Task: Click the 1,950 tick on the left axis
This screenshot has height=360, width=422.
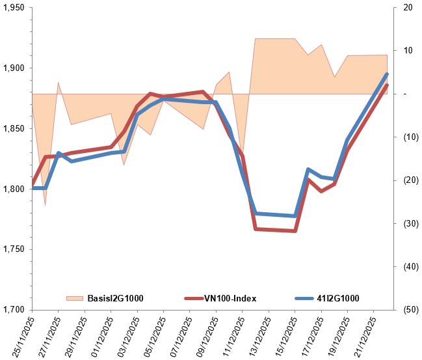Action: [x=14, y=8]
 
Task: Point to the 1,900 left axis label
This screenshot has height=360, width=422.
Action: [x=14, y=68]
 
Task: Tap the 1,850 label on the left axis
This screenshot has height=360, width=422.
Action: [x=14, y=129]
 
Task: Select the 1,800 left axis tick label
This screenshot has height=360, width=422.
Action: [x=14, y=189]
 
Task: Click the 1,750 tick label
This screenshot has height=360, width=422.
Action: [x=14, y=250]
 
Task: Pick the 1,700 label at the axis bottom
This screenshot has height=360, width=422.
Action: [x=14, y=310]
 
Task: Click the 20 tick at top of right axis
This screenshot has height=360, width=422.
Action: [x=408, y=8]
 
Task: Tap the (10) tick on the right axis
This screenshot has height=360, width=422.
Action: [x=409, y=137]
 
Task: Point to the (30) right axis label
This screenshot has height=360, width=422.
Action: [x=409, y=223]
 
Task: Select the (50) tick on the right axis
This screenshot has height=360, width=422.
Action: [x=409, y=310]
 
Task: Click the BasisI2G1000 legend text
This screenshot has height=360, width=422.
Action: [x=114, y=298]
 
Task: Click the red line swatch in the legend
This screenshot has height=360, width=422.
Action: [x=194, y=298]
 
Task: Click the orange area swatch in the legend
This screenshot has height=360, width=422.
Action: [x=75, y=298]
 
